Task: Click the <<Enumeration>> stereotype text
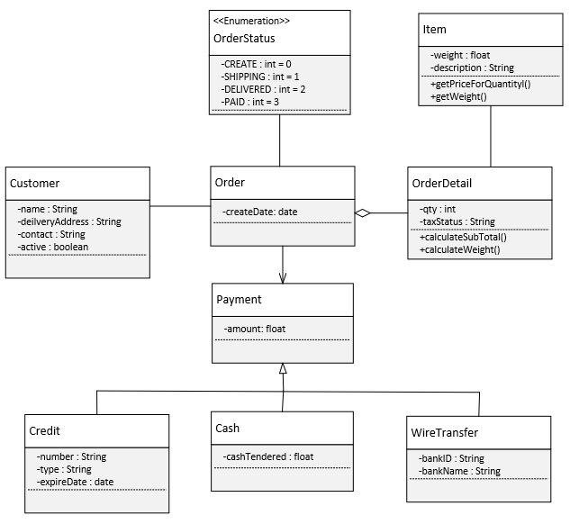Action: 251,20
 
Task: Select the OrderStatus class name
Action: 244,39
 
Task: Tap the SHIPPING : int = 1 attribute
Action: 260,77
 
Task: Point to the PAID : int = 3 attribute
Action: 250,102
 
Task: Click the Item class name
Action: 434,30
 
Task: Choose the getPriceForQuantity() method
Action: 480,84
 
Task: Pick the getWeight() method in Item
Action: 459,96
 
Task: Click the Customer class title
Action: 34,184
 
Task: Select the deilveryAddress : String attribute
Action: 68,221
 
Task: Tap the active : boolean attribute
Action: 52,246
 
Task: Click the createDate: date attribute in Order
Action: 259,212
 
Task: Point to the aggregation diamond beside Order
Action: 362,213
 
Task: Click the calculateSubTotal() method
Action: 463,237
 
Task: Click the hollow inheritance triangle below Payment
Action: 283,368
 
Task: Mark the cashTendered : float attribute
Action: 267,457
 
